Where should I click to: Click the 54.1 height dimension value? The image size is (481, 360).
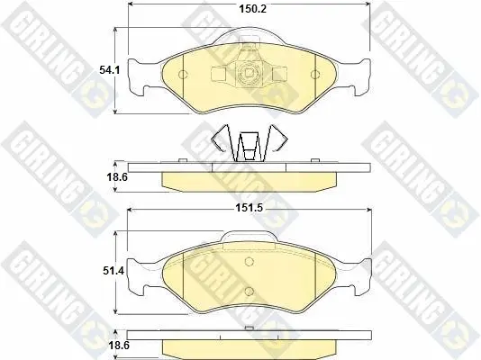coord(110,70)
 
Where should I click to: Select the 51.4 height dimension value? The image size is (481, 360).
coord(113,271)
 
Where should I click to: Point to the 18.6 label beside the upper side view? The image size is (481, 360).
coord(117,177)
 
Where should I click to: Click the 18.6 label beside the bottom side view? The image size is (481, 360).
coord(119,346)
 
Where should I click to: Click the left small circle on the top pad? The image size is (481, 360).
coord(183,75)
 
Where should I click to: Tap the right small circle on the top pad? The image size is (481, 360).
coord(315,75)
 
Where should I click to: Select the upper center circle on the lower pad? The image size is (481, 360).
coord(250,262)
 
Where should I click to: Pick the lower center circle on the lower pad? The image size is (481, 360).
coord(250,291)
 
